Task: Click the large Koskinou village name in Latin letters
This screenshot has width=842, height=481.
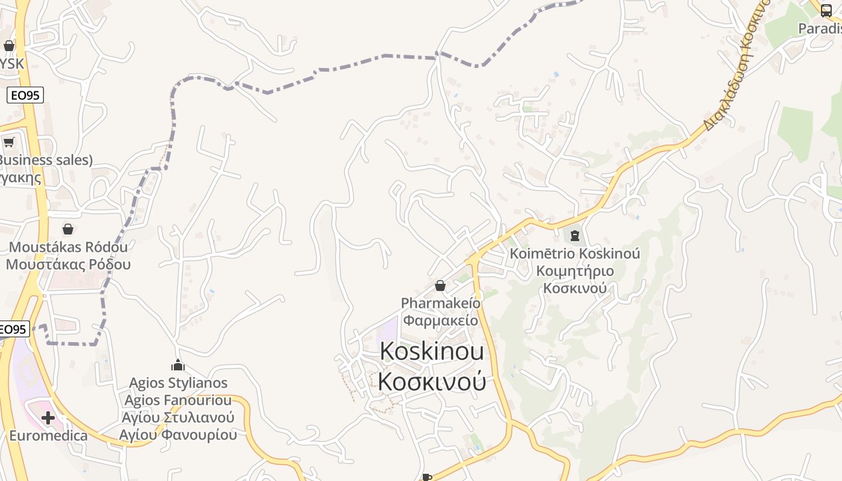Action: point(432,352)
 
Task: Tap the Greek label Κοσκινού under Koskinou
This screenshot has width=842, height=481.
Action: point(432,381)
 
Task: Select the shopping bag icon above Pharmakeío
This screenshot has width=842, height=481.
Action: point(440,286)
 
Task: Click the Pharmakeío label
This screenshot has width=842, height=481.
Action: point(441,303)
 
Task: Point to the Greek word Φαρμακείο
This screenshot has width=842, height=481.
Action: point(441,320)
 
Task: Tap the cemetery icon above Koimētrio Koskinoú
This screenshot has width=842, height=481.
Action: point(575,236)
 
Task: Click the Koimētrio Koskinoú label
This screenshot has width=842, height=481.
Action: point(575,254)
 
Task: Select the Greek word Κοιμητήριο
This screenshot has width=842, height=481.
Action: point(575,271)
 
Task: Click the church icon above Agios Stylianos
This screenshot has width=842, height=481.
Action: point(177,365)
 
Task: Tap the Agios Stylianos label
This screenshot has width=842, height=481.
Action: point(179,383)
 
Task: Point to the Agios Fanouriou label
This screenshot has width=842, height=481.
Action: point(179,400)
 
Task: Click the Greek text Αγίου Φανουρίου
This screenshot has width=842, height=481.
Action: point(179,435)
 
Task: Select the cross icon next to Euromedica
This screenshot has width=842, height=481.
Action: point(48,417)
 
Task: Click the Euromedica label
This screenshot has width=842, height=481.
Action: point(48,435)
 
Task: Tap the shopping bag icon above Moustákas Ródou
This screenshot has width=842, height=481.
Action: point(68,229)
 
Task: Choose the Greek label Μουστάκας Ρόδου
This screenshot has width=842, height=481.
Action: point(69,265)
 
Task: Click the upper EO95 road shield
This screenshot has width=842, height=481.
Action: point(25,95)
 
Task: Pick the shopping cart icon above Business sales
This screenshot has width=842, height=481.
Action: point(8,142)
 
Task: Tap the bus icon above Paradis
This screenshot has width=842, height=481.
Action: point(826,10)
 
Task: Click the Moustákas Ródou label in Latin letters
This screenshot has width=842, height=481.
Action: point(69,247)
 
